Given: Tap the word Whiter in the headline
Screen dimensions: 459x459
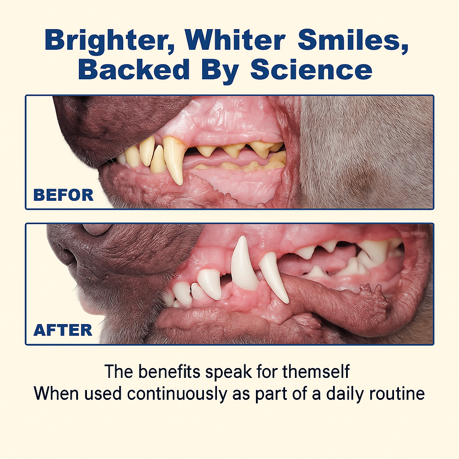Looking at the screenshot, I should pyautogui.click(x=238, y=41).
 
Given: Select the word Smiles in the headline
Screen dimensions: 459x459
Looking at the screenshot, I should pyautogui.click(x=354, y=41).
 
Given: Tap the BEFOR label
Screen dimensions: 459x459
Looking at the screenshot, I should pyautogui.click(x=63, y=195).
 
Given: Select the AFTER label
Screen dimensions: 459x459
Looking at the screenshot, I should pyautogui.click(x=63, y=330).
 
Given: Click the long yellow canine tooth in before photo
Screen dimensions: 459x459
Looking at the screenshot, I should pyautogui.click(x=174, y=159).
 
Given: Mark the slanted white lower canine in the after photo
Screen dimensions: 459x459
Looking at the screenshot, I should pyautogui.click(x=274, y=276).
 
